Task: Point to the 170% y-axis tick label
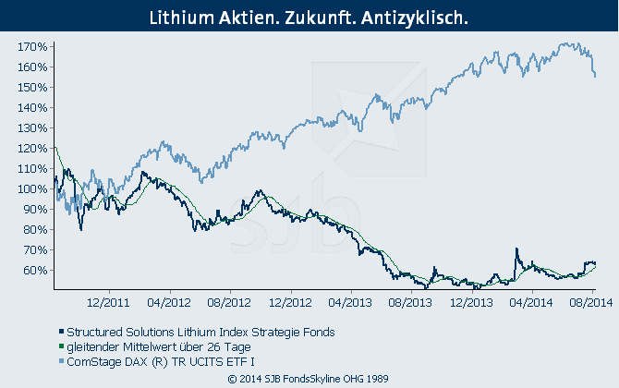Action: pyautogui.click(x=32, y=46)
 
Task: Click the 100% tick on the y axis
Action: pyautogui.click(x=32, y=188)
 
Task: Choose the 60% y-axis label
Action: pyautogui.click(x=35, y=270)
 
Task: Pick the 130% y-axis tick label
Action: pyautogui.click(x=32, y=127)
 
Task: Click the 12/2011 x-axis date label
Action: pyautogui.click(x=107, y=301)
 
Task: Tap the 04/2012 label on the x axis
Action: pyautogui.click(x=168, y=301)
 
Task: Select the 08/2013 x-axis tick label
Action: pyautogui.click(x=409, y=301)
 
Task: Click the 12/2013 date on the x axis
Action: pyautogui.click(x=470, y=301)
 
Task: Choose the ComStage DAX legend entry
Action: pyautogui.click(x=162, y=359)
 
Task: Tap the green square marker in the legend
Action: pyautogui.click(x=58, y=346)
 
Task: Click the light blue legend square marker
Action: pyautogui.click(x=58, y=360)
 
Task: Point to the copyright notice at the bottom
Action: pyautogui.click(x=309, y=378)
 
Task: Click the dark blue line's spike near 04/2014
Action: pyautogui.click(x=516, y=249)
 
